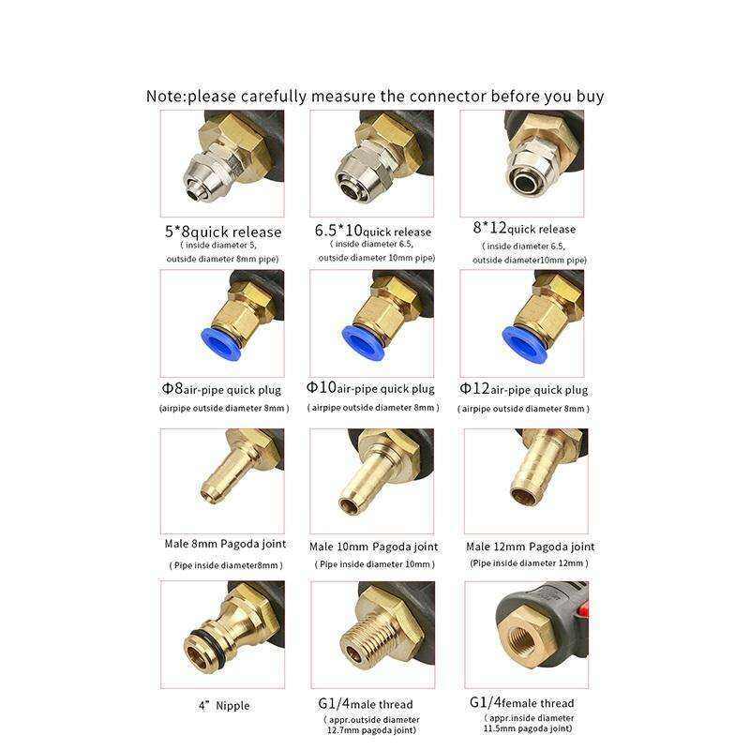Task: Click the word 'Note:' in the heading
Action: point(166,97)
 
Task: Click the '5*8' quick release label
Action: point(223,232)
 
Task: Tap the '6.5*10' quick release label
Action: point(373,231)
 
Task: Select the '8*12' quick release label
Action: point(524,228)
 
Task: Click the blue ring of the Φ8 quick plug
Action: point(215,338)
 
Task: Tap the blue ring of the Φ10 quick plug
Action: point(362,338)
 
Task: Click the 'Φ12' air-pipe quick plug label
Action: point(524,389)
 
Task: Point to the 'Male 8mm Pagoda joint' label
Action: point(225,544)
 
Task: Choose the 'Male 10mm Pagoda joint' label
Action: point(373,547)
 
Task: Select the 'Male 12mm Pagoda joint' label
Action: point(531,547)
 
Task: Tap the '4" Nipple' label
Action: point(224,706)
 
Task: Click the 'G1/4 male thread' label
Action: point(366,704)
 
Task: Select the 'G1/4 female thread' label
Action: point(522,702)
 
